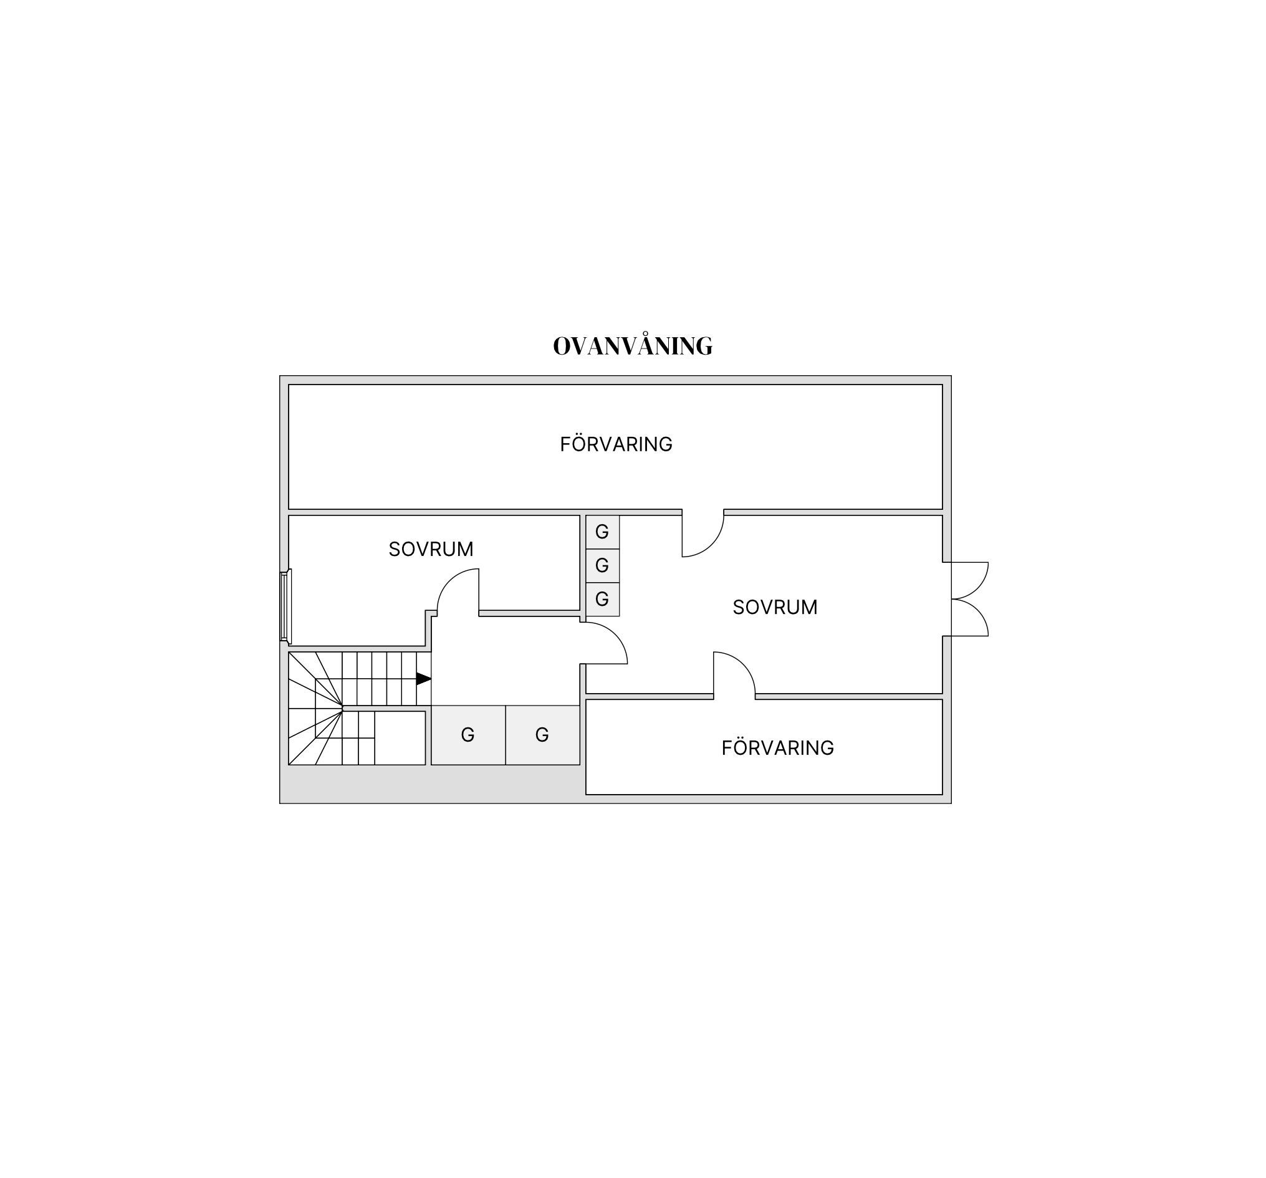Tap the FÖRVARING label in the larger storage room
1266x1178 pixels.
[616, 444]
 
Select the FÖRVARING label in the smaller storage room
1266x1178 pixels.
[777, 747]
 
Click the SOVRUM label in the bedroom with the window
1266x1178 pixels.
[431, 549]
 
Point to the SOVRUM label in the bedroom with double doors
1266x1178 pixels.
[775, 607]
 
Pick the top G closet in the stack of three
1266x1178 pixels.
[602, 532]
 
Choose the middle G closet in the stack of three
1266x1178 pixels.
[602, 565]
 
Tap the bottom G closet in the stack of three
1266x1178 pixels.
[602, 599]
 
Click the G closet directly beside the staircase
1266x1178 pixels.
[468, 735]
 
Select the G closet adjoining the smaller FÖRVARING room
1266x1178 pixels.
[542, 735]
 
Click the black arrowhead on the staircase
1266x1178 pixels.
[423, 679]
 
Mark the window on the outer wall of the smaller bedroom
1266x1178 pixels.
[285, 606]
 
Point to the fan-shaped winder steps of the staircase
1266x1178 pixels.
[316, 708]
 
